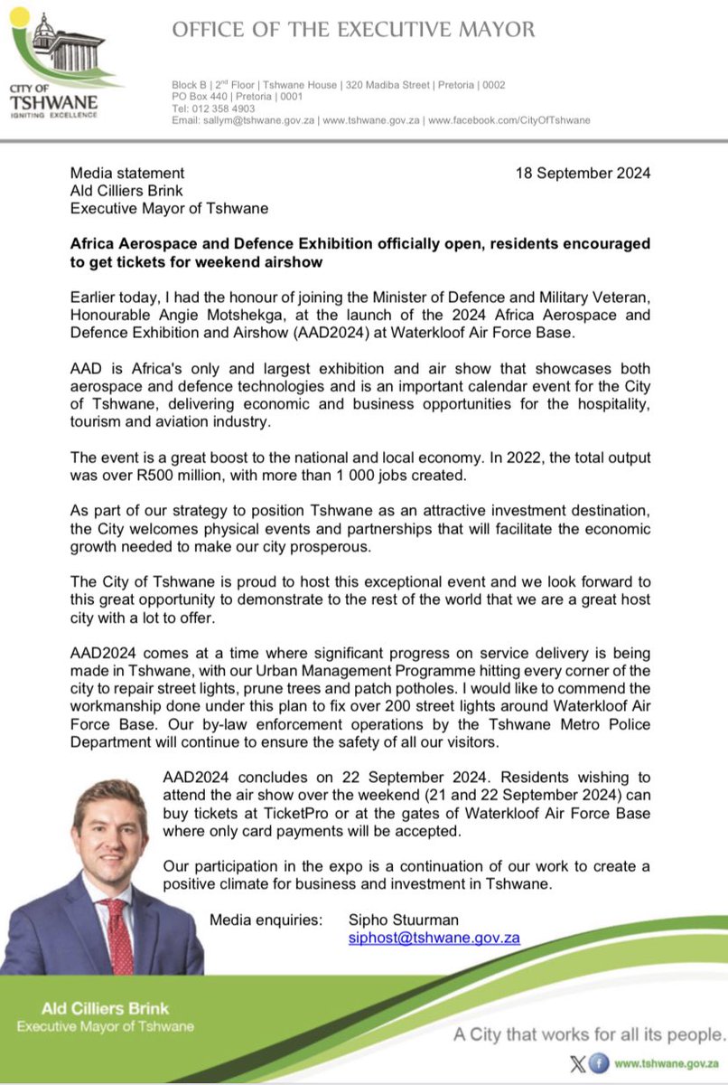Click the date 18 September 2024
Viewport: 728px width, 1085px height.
[583, 173]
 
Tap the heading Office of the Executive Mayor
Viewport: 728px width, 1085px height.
[354, 30]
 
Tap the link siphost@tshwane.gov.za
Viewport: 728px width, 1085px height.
[434, 939]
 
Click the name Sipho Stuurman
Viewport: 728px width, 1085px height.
[400, 920]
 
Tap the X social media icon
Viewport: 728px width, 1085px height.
[579, 1064]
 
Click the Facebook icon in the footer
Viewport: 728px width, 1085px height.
[599, 1064]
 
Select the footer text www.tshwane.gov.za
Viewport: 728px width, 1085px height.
[667, 1064]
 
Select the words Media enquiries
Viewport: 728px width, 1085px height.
[266, 920]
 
